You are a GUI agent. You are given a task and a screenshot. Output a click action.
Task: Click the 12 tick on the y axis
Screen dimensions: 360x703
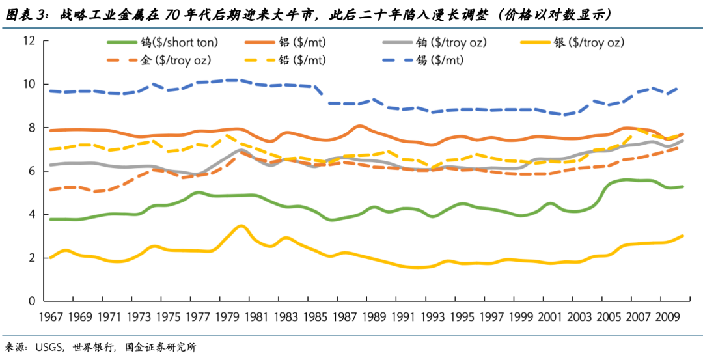pyautogui.click(x=28, y=41)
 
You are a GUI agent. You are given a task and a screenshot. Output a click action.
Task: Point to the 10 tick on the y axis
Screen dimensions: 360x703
pyautogui.click(x=28, y=85)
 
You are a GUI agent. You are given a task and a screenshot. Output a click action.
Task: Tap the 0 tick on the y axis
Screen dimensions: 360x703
pyautogui.click(x=31, y=301)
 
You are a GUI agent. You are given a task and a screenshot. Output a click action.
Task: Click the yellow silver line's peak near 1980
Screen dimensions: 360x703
pyautogui.click(x=241, y=226)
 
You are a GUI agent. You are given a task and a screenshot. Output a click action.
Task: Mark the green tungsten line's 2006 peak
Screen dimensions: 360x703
pyautogui.click(x=626, y=180)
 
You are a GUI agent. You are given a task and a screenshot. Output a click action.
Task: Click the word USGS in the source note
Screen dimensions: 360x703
pyautogui.click(x=50, y=347)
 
